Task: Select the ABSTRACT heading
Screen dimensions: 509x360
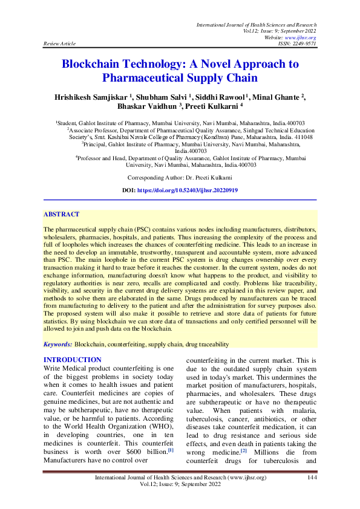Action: tap(61, 214)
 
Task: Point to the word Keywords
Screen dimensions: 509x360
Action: tap(57, 344)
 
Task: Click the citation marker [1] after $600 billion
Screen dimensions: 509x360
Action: tap(170, 450)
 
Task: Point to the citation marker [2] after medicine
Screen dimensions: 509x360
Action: tap(243, 450)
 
